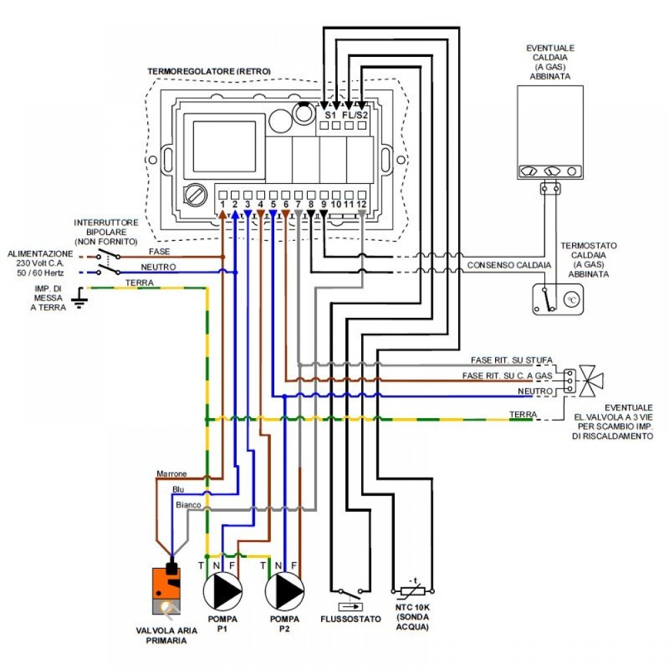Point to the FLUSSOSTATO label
350,619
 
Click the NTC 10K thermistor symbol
410,591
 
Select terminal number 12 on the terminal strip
361,203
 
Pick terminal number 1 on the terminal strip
222,203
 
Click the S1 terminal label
330,115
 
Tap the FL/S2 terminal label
355,115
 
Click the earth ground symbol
80,297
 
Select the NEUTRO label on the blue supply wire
159,267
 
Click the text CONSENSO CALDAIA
509,265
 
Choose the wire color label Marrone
171,474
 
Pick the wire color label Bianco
188,504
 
